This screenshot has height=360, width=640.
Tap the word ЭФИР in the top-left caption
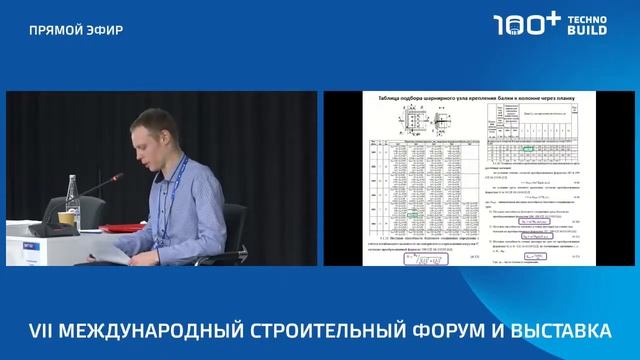tap(105, 29)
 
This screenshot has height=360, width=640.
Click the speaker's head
tap(154, 136)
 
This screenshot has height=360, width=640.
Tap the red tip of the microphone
tap(118, 177)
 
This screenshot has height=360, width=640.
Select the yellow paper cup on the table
tap(66, 216)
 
